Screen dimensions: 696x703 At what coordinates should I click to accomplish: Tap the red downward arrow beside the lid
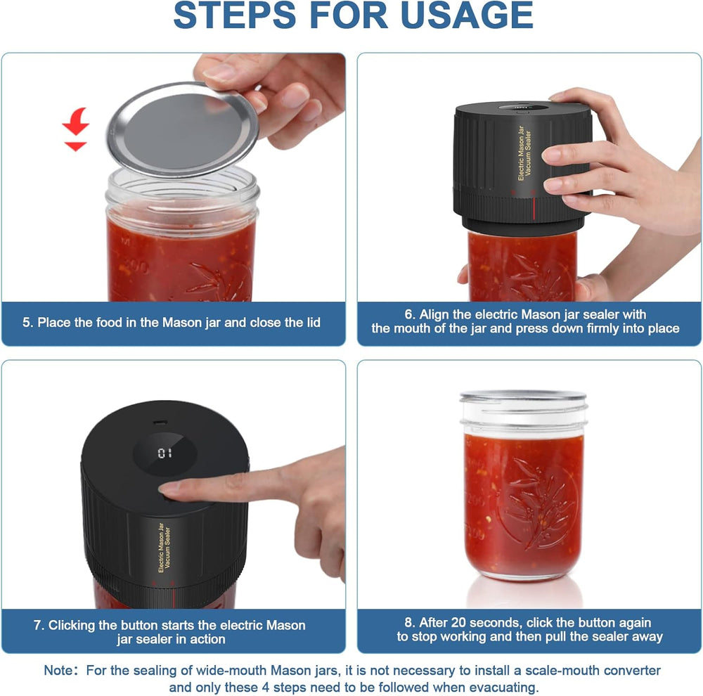[75, 130]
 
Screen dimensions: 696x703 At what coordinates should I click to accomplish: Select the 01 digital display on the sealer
[165, 453]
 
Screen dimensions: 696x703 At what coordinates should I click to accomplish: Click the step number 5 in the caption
[27, 323]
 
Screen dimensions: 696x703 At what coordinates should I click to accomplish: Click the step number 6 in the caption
[411, 314]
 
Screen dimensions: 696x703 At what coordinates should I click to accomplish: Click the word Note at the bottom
[58, 671]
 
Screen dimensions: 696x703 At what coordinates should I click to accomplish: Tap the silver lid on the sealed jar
[523, 396]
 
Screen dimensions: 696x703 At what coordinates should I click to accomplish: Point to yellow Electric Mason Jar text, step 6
[521, 153]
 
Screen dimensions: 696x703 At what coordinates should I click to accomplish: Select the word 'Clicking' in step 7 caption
[74, 625]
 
